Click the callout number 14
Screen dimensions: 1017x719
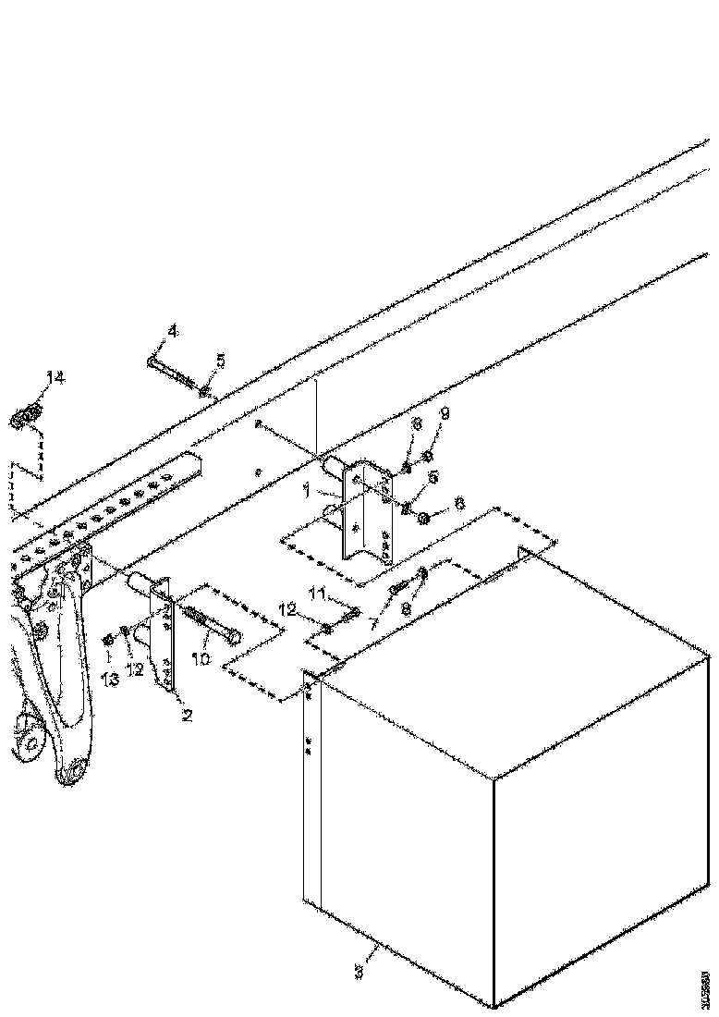click(55, 377)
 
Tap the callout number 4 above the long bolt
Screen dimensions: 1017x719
click(172, 330)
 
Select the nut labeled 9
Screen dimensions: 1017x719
click(428, 457)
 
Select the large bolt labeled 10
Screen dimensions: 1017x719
click(214, 629)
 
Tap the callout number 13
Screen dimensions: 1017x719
click(111, 680)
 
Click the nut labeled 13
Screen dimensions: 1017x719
click(109, 639)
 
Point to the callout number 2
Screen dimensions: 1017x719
click(188, 715)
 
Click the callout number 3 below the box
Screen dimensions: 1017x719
click(359, 972)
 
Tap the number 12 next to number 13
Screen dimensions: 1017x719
click(136, 669)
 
